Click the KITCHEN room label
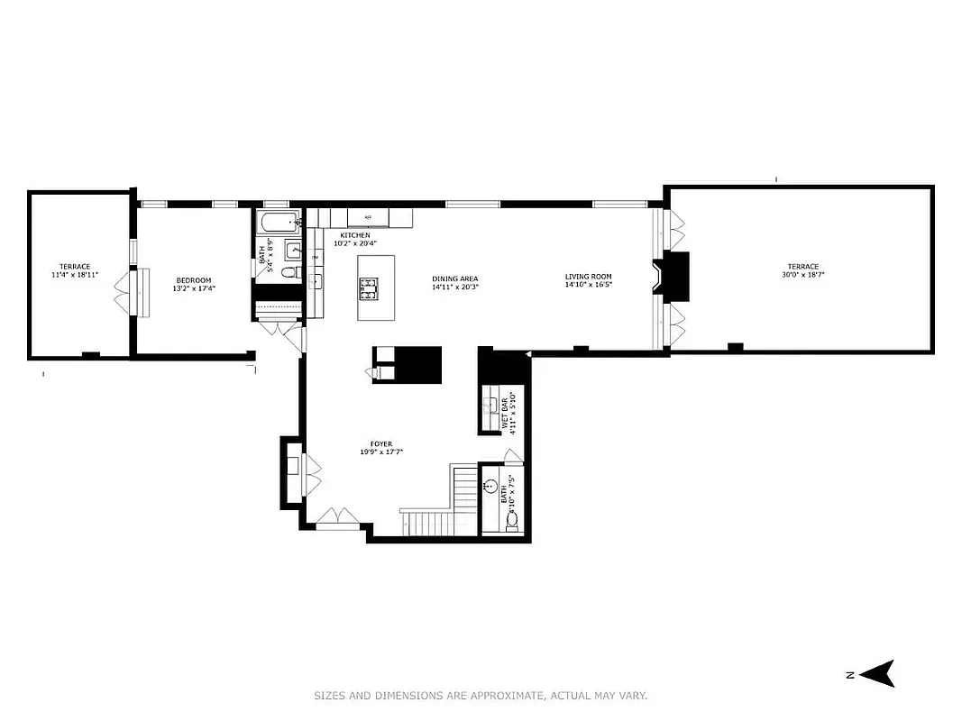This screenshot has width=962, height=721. point(354,235)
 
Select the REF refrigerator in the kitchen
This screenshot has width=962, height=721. point(368,218)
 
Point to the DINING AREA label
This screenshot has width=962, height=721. point(454,278)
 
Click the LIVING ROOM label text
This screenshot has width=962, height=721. point(588,277)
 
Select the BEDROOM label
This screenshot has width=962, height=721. point(193,280)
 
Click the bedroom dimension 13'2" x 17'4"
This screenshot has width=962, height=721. point(193,289)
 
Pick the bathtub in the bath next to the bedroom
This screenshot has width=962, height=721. point(278,222)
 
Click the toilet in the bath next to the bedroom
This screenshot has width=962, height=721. point(289,272)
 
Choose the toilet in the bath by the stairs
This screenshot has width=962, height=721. point(512,520)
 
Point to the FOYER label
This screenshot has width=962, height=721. point(380,444)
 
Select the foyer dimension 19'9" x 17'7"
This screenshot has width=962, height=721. point(380,452)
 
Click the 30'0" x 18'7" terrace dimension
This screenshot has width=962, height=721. point(802,275)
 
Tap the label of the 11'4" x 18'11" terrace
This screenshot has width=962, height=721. point(75,266)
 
